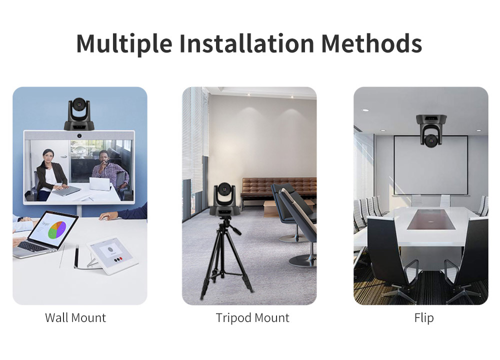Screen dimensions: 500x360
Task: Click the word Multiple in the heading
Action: (124, 43)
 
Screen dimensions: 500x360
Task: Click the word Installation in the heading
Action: (247, 43)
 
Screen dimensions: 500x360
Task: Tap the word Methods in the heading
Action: (372, 43)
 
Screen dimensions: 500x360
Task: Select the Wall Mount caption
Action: (75, 317)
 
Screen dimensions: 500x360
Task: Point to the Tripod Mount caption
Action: (252, 318)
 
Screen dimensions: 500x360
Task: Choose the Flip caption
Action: (424, 318)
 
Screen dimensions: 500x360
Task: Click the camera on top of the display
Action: (79, 114)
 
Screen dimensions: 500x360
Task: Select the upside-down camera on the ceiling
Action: (431, 130)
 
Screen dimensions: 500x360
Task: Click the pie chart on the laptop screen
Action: (57, 230)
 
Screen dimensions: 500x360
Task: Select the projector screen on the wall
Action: (431, 165)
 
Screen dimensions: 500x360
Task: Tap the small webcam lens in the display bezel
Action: (79, 136)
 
